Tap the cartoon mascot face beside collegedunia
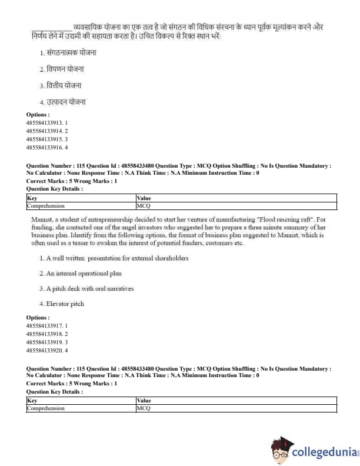281,451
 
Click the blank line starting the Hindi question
51,28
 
